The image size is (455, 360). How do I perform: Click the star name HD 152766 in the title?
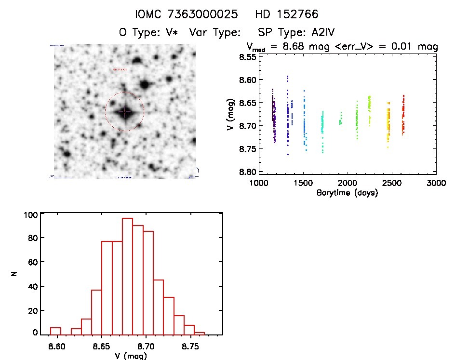[x=287, y=14]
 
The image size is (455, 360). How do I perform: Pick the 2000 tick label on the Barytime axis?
[x=347, y=184]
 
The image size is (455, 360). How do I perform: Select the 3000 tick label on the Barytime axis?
[x=436, y=184]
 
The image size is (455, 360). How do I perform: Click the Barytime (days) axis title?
[x=347, y=193]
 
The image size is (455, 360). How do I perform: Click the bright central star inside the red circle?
[x=124, y=112]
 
